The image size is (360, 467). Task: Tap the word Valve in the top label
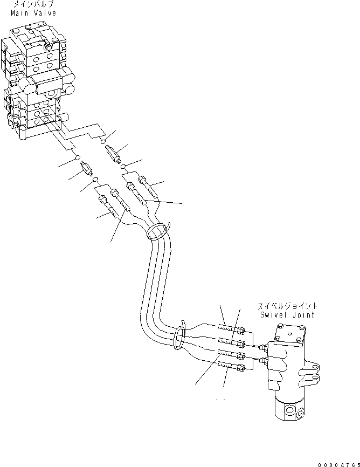(x=46, y=13)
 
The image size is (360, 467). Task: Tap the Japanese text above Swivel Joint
(x=287, y=306)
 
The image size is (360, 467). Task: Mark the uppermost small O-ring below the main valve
(x=103, y=141)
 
